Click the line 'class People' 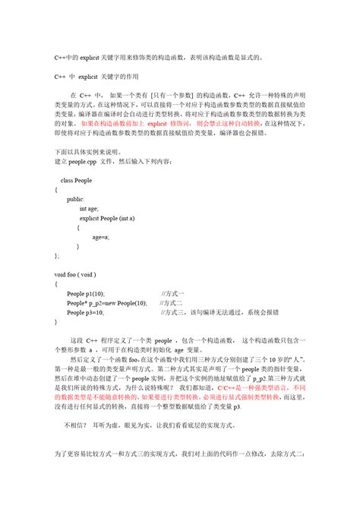click(77, 180)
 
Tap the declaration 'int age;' click(89, 208)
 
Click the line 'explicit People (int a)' click(107, 218)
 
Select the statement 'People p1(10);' click(86, 292)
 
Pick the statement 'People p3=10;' click(85, 312)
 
